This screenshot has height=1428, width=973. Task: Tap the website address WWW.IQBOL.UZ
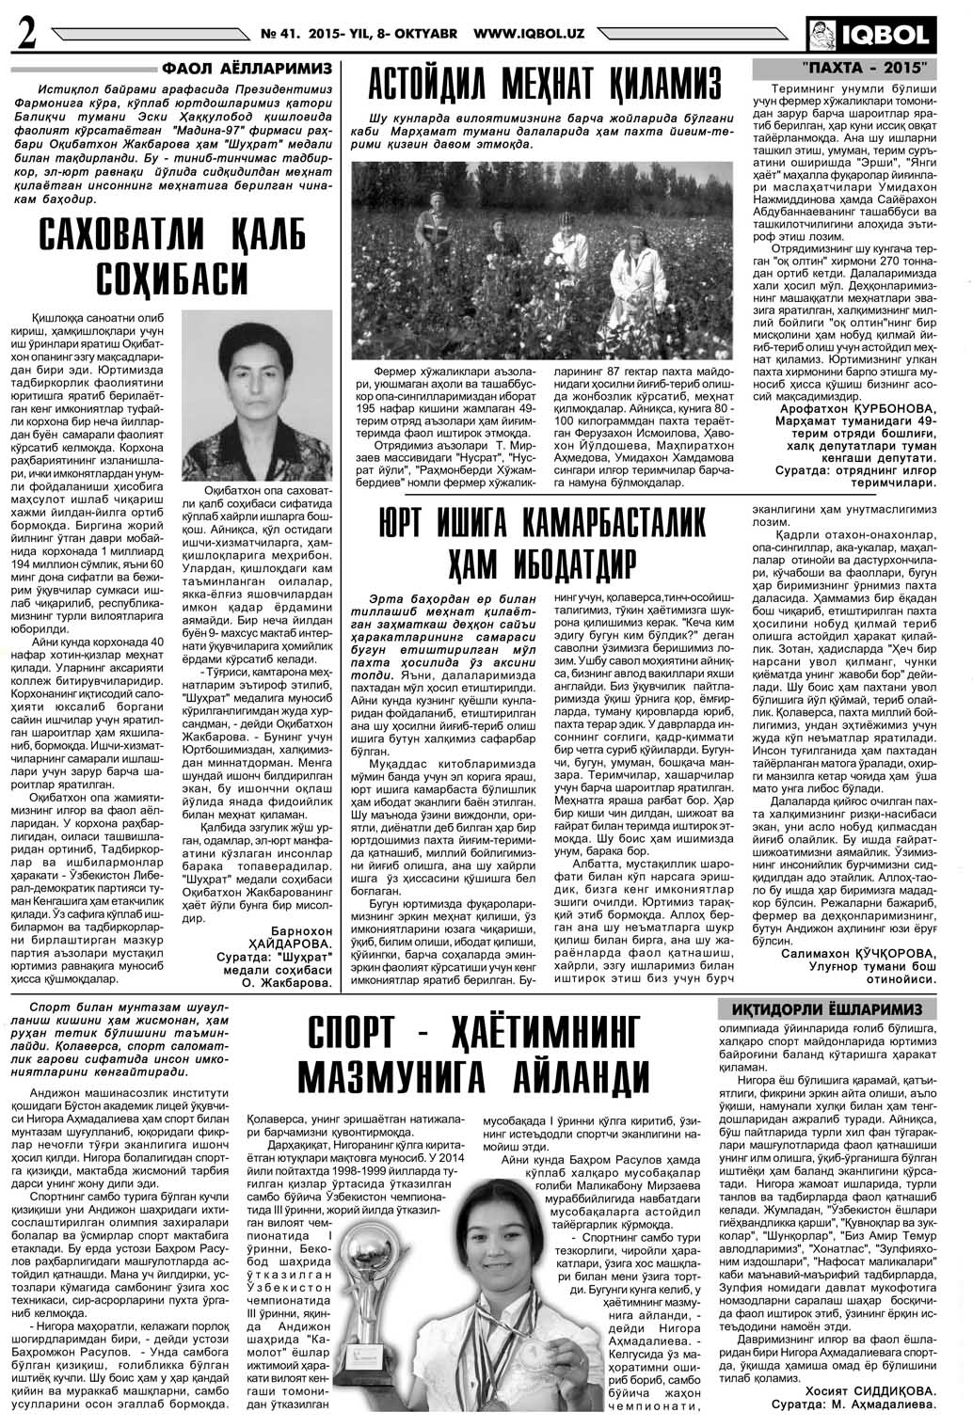(x=529, y=34)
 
